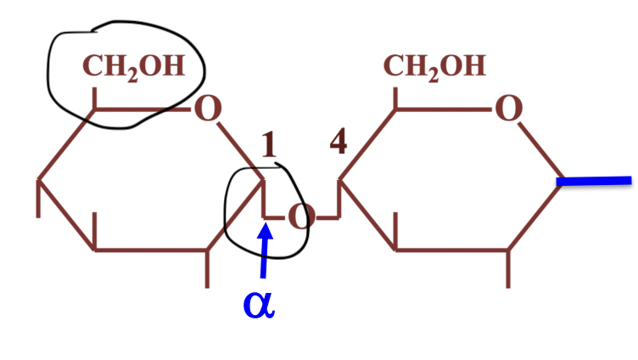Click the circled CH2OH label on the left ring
(x=133, y=68)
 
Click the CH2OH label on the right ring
(x=434, y=68)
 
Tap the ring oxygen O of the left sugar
(x=207, y=109)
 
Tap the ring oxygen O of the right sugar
(x=507, y=109)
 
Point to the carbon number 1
(x=270, y=145)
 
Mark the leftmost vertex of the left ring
(x=39, y=180)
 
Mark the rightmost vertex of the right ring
(x=562, y=180)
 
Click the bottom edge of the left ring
(x=151, y=250)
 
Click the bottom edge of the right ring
(x=451, y=250)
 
